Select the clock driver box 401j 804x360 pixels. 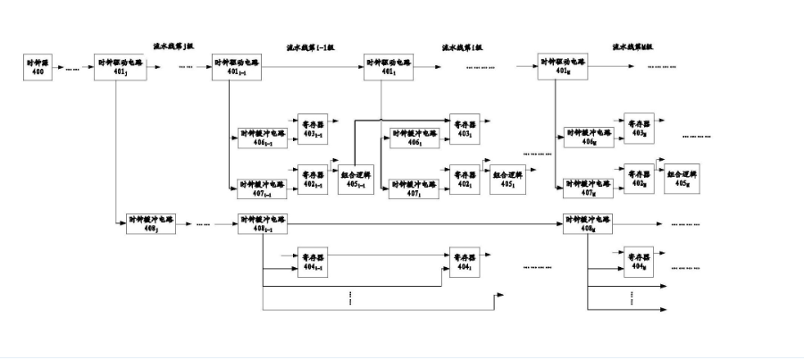(119, 66)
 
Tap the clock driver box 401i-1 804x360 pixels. (238, 66)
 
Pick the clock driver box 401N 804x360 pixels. (564, 66)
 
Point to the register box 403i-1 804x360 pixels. (313, 127)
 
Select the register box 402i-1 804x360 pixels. (313, 178)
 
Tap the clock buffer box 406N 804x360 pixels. (588, 136)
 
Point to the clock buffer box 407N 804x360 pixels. (588, 187)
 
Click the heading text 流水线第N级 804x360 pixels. (632, 46)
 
